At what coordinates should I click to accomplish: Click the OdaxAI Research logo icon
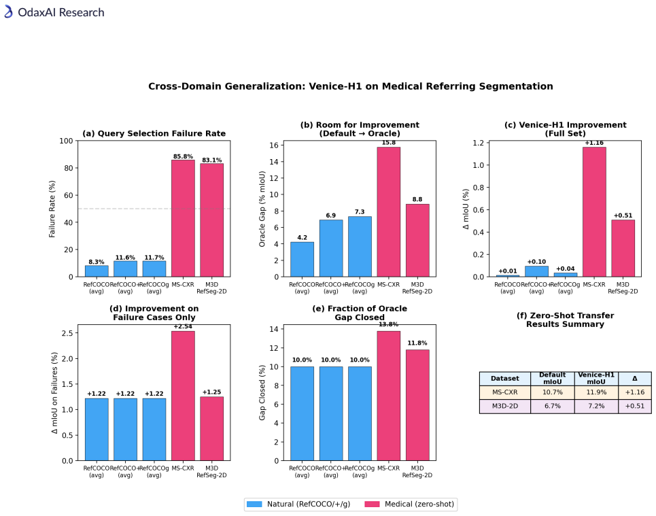click(8, 12)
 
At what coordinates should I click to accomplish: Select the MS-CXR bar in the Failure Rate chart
click(183, 218)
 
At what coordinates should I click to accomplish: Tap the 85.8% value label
click(183, 156)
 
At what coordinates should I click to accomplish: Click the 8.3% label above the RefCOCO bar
click(97, 262)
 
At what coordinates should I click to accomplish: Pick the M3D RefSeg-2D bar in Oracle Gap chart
click(417, 240)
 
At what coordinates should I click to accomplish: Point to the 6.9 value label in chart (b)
click(330, 216)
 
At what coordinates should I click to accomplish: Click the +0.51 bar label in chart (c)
click(623, 216)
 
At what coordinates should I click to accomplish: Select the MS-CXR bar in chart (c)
click(594, 211)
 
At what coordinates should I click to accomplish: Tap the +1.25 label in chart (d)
click(211, 392)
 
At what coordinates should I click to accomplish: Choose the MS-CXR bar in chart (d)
click(183, 396)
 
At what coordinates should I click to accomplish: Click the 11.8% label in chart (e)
click(417, 343)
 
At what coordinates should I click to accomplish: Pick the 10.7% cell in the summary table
click(552, 392)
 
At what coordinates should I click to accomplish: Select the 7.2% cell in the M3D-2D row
click(596, 406)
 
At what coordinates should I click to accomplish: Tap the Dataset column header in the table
click(504, 378)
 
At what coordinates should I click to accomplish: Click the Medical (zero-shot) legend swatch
click(372, 504)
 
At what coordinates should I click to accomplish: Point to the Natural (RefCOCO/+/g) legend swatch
click(254, 504)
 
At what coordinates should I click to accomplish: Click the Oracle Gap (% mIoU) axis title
click(262, 209)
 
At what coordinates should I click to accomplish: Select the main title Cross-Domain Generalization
click(351, 86)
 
